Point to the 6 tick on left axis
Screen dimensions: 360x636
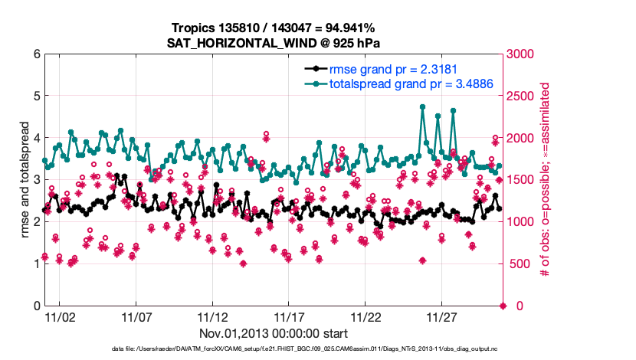(36, 54)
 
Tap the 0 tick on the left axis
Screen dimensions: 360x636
(36, 306)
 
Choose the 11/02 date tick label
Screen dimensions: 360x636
(60, 317)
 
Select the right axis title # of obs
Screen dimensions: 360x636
(546, 180)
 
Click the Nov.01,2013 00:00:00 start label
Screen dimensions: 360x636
(274, 334)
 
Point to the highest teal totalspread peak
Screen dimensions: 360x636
(422, 107)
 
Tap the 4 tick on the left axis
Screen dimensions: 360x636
(36, 138)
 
